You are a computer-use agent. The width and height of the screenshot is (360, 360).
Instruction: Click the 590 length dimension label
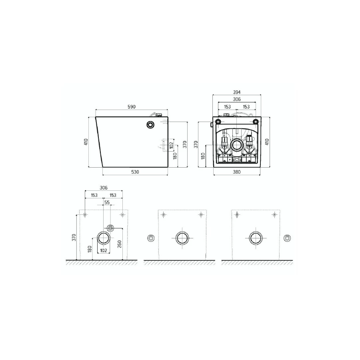point(132,107)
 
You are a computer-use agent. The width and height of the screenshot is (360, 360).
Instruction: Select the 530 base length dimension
point(135,172)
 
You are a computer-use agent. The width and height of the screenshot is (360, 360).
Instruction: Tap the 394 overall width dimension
point(237,92)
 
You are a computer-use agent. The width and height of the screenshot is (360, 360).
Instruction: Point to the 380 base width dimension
point(237,172)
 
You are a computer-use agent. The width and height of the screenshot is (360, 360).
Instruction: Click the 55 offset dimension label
point(107,202)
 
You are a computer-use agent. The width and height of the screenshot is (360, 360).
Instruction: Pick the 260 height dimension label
point(119,244)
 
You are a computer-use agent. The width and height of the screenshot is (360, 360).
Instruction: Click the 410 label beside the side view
point(86,142)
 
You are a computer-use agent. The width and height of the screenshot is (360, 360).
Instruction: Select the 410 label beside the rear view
point(267,142)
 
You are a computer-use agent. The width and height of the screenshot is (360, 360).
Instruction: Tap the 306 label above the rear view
point(237,100)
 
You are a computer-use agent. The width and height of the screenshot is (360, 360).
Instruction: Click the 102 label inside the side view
point(171,145)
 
